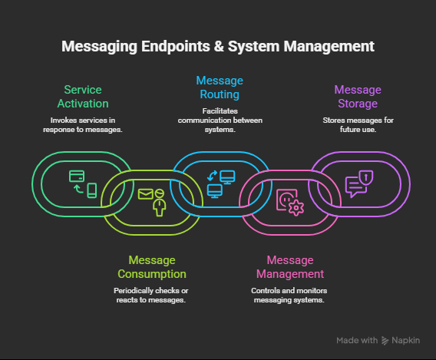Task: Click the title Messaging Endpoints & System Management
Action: (x=217, y=46)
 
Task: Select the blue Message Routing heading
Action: (x=218, y=87)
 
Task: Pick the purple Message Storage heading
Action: (x=357, y=97)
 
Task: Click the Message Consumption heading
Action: (x=151, y=267)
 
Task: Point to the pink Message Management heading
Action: (x=289, y=267)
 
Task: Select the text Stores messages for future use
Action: (x=357, y=125)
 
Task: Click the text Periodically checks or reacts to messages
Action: (x=151, y=296)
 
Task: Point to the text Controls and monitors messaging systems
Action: (x=289, y=296)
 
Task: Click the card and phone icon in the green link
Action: (x=83, y=183)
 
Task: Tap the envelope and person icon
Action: (x=152, y=200)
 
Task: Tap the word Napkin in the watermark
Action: (x=408, y=340)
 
